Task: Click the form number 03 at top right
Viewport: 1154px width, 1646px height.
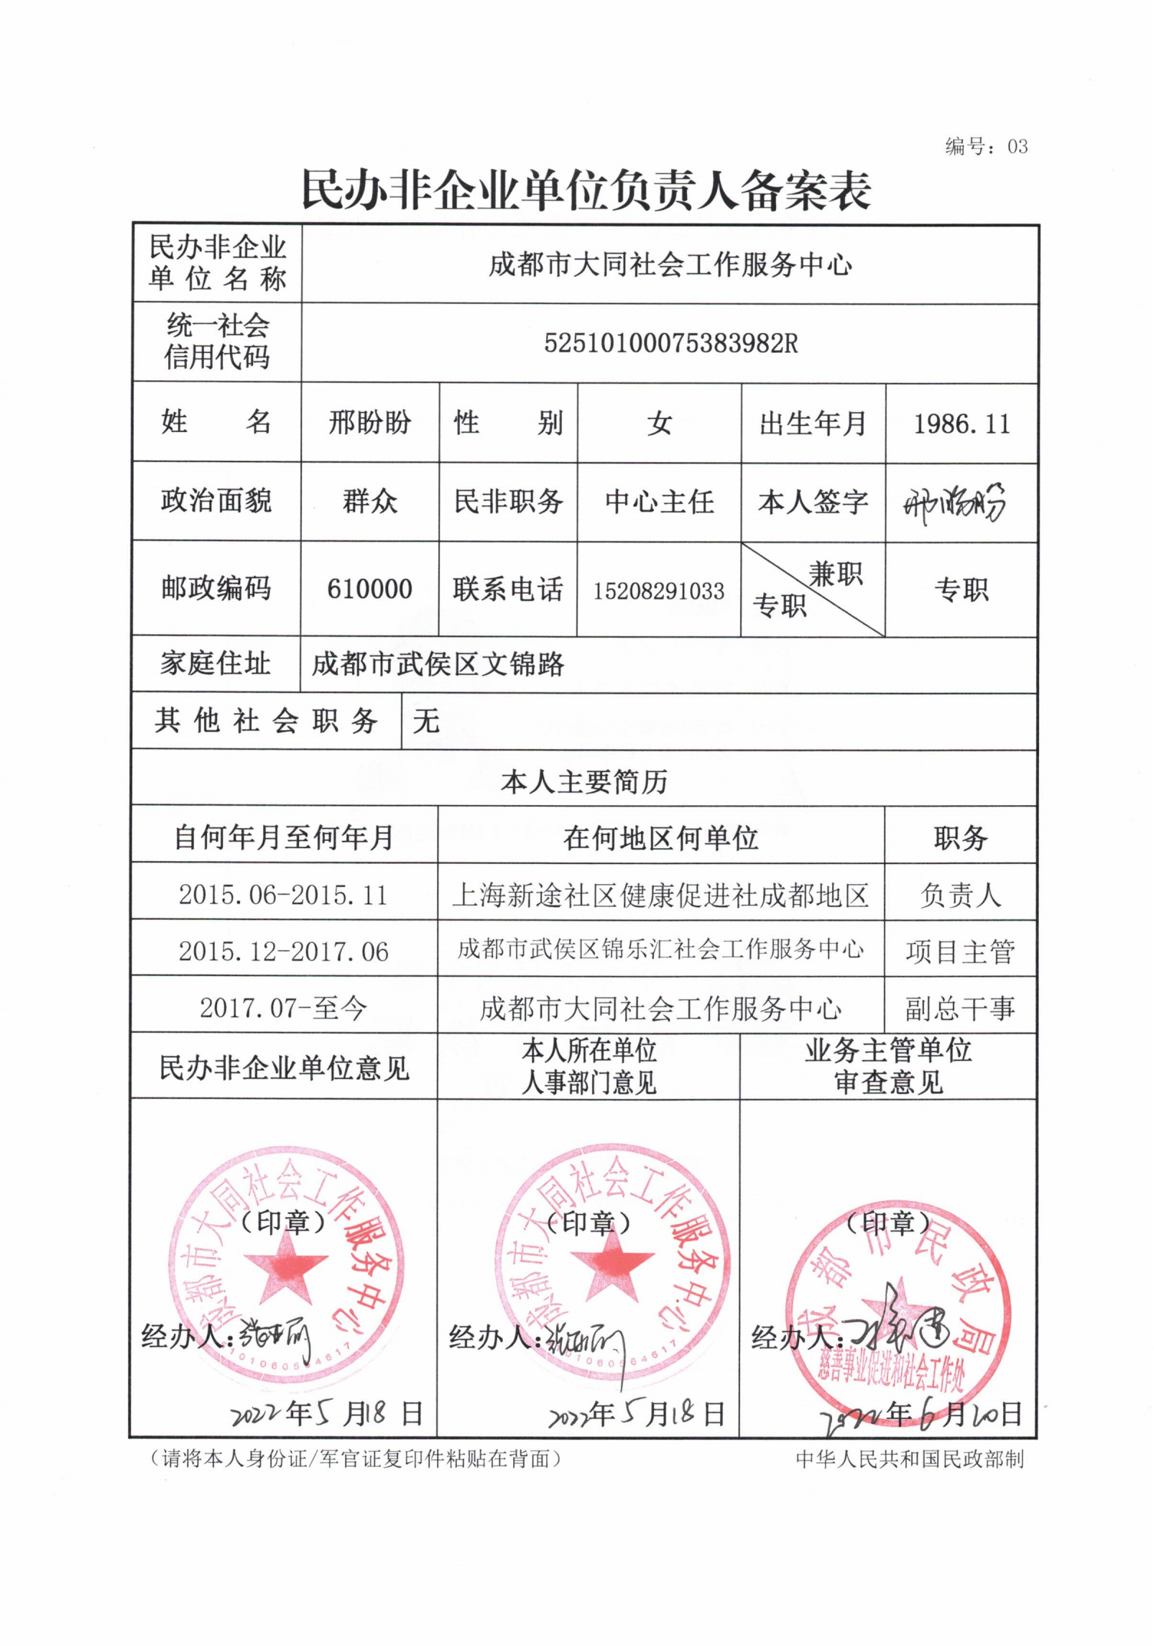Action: pos(1017,147)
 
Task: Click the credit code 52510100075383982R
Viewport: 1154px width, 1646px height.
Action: pos(670,344)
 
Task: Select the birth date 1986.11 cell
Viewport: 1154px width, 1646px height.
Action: pos(961,423)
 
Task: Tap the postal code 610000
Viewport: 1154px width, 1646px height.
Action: pos(369,589)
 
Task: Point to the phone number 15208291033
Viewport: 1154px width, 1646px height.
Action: pos(658,591)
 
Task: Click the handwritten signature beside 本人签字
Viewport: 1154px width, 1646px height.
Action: pos(954,502)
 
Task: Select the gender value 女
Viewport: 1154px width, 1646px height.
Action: pos(659,423)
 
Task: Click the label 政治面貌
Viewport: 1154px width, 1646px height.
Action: pos(216,501)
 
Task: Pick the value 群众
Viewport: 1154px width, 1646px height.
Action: pos(369,501)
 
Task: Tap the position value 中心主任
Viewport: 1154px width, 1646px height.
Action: pos(659,502)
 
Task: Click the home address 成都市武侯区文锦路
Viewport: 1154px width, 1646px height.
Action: pos(438,664)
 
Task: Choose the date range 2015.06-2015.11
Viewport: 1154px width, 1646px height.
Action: pos(283,895)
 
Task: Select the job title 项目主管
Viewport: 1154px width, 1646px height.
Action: pos(960,952)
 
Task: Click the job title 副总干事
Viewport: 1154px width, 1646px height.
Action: pos(960,1008)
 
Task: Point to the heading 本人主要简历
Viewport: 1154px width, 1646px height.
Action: pos(584,781)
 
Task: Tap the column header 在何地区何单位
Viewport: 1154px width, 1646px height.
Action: pos(660,838)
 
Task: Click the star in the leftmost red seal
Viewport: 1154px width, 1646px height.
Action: pos(285,1276)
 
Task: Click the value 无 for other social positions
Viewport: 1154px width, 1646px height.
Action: pos(426,721)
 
